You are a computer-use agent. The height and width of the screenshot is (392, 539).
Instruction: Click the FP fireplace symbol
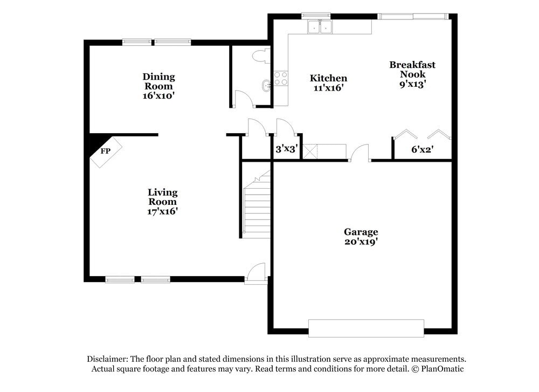click(x=106, y=152)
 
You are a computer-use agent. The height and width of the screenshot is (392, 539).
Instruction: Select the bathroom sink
click(x=265, y=85)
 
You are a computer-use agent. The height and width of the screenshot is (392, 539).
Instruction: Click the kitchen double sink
click(x=320, y=27)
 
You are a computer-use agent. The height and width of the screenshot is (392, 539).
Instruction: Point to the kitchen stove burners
click(x=280, y=79)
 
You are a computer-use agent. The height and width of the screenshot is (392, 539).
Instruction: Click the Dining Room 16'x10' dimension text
click(x=158, y=95)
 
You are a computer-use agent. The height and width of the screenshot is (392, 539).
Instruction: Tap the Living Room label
click(x=163, y=197)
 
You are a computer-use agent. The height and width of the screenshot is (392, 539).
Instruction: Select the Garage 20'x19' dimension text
click(x=361, y=242)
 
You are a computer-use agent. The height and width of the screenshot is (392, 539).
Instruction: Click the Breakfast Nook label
click(x=412, y=70)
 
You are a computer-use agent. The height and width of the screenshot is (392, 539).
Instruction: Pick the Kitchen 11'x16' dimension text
click(x=328, y=88)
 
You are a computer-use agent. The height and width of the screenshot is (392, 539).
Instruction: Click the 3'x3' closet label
click(x=286, y=149)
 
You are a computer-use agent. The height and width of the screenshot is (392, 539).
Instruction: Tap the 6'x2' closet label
click(x=423, y=149)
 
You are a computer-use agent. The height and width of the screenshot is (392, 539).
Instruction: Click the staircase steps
click(x=257, y=210)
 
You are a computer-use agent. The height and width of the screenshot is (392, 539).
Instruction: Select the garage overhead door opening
click(x=365, y=328)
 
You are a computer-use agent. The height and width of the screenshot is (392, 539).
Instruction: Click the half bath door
click(x=243, y=99)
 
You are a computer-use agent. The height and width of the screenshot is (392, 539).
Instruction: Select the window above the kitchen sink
click(x=315, y=15)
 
